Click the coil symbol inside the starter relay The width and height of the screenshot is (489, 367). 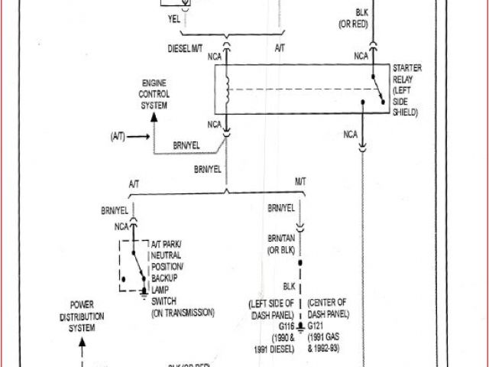point(227,89)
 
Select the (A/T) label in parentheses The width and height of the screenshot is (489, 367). point(118,137)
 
